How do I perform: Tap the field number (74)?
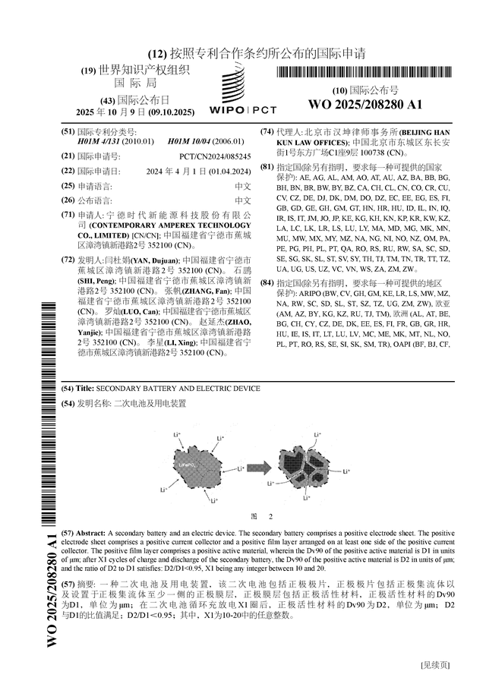point(267,131)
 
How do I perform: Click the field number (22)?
point(68,171)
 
